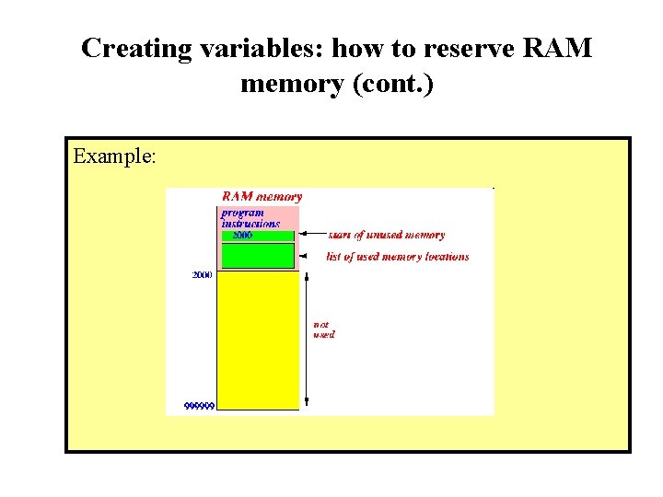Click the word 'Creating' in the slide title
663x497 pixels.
point(134,49)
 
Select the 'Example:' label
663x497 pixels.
point(114,156)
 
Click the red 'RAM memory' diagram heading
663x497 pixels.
point(262,196)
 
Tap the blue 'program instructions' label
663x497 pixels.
point(250,218)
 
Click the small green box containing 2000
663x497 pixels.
point(258,236)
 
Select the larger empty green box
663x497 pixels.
point(258,256)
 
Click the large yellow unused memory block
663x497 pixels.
point(258,341)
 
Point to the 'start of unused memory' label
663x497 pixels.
point(386,236)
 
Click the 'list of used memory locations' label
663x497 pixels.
point(397,257)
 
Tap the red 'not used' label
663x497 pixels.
point(323,329)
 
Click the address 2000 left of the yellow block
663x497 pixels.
point(202,275)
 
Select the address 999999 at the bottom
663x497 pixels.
point(199,406)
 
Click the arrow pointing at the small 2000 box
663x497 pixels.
point(312,236)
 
